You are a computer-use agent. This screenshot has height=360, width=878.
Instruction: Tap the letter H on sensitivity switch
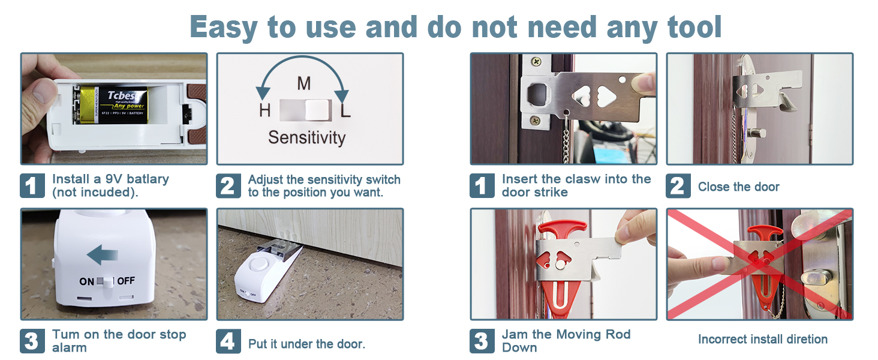point(264,111)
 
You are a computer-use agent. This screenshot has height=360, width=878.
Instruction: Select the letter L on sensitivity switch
point(345,111)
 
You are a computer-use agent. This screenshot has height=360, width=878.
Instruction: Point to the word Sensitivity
point(306,138)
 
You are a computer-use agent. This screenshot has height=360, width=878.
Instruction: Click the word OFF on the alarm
point(126,281)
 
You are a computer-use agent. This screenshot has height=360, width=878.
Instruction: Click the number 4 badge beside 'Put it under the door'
point(227,341)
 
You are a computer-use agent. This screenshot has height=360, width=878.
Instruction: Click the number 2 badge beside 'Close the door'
point(677,186)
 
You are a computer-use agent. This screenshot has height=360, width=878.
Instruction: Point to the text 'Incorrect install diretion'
point(762,340)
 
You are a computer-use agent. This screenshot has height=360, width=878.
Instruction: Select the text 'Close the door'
point(738,187)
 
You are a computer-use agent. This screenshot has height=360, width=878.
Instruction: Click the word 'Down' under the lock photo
point(519,348)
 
